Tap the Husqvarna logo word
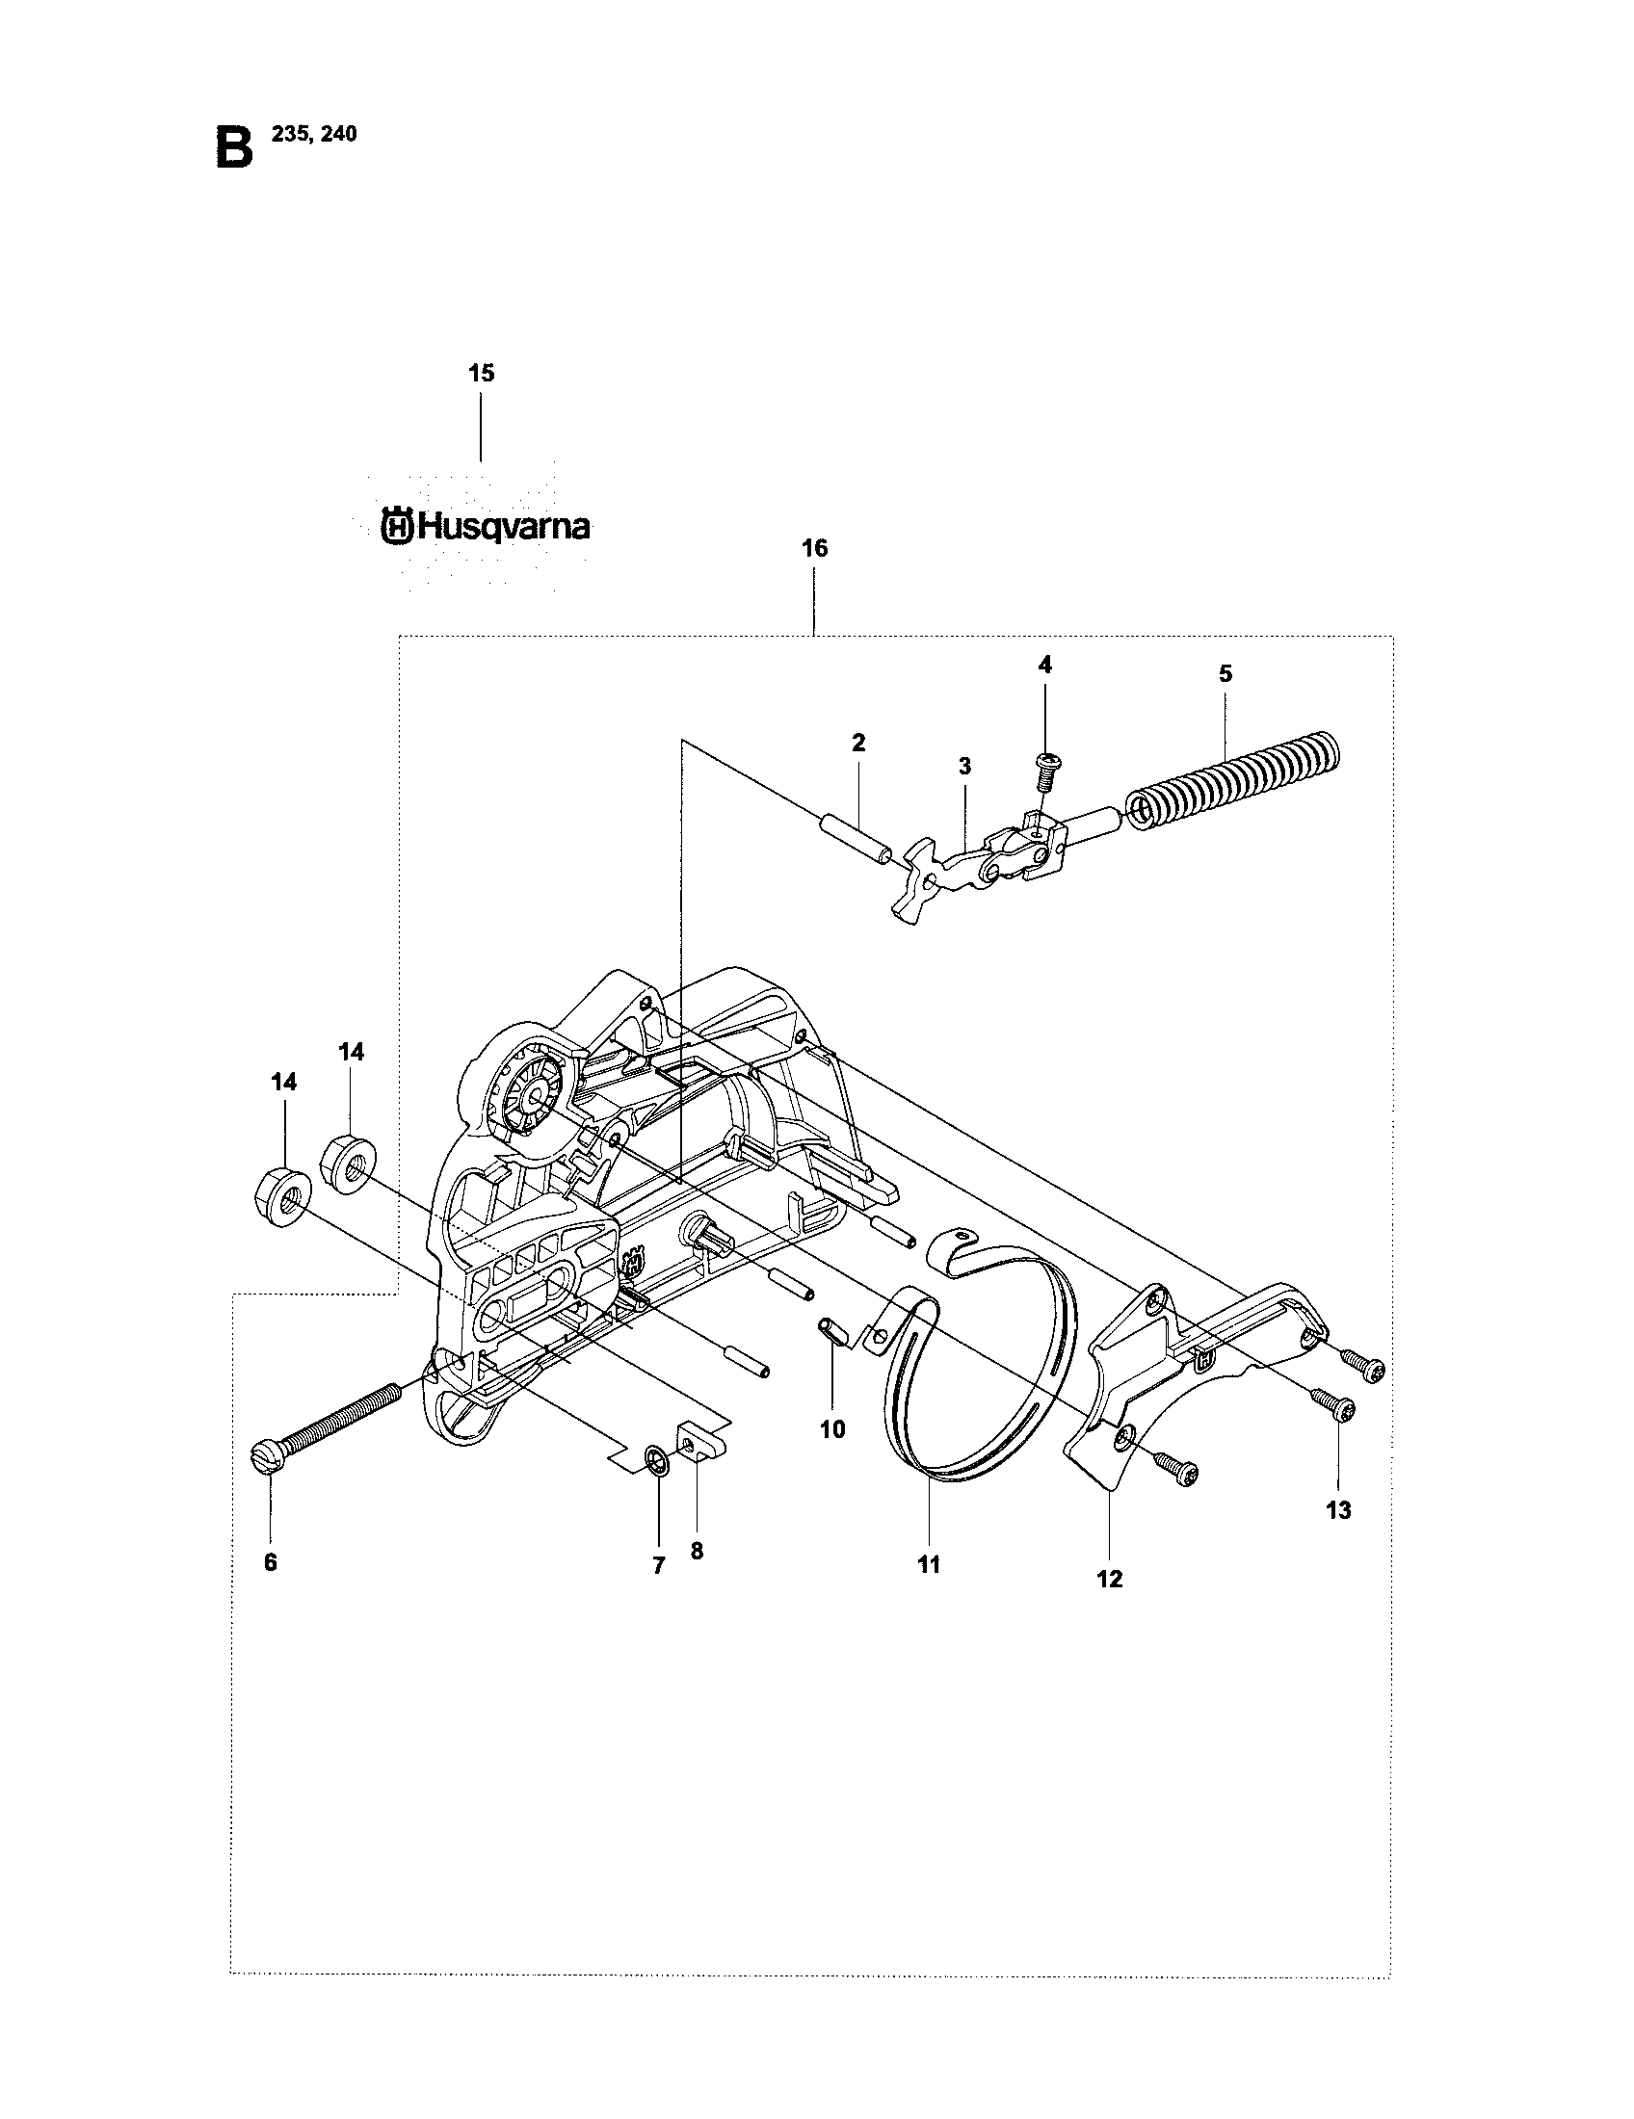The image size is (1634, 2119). point(487,527)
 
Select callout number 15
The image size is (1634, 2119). point(482,373)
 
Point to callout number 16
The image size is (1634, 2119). point(814,548)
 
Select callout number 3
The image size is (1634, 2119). point(964,767)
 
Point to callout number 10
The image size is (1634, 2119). point(832,1429)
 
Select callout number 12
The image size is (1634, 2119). point(1109,1579)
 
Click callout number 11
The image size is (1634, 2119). point(930,1564)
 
